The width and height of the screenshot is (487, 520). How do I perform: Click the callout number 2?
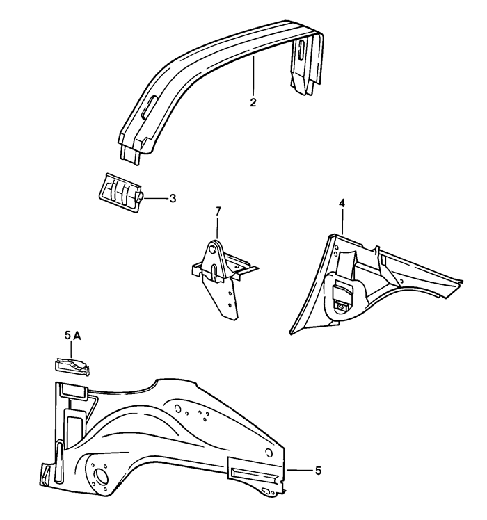coord(253,103)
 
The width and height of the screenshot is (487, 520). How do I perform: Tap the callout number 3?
coord(173,199)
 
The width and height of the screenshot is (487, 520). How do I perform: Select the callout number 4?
coord(342,203)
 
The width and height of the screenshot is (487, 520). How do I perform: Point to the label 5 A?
coord(72,336)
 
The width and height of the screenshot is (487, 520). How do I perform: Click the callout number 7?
coord(218,211)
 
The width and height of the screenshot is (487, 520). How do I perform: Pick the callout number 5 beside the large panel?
coord(318,471)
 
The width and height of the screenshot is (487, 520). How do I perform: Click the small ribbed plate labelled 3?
coord(121,193)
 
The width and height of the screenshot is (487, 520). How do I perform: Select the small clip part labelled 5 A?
coord(72,367)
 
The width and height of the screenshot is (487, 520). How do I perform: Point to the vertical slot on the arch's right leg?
coord(301,50)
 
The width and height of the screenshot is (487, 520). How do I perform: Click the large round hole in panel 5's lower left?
coord(101,478)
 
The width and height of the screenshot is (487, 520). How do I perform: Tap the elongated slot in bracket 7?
coord(214,273)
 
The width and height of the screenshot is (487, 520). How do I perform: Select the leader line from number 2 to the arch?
coord(253,77)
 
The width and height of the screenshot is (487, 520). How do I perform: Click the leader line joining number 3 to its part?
coord(155,198)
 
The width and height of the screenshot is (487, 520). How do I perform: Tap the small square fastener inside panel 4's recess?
coord(340,307)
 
